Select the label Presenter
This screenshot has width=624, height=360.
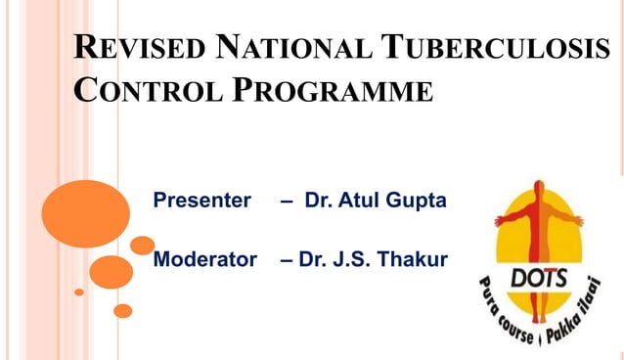point(202,201)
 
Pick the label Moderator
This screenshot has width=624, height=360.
point(204,259)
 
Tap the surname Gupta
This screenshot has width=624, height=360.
point(420,201)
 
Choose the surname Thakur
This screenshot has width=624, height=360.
point(414,259)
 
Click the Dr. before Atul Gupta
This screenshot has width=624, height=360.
point(321,201)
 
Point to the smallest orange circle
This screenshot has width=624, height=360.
point(79,292)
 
